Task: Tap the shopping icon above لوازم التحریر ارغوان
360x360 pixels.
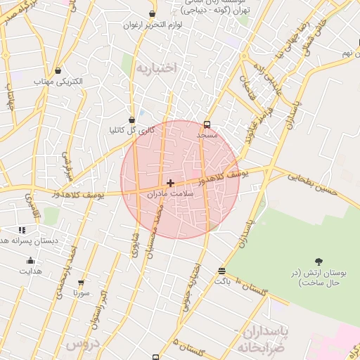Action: coord(152,14)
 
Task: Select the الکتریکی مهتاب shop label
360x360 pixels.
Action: coord(58,82)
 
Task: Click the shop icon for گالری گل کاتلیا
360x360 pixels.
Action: coord(131,120)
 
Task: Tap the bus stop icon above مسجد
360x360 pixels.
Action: coord(207,124)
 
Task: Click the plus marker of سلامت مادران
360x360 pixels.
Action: coord(170,183)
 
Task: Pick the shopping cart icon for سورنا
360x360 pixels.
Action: coord(81,283)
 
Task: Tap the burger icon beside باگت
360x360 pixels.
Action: coord(222,271)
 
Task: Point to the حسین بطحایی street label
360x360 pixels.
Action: coord(313,184)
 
